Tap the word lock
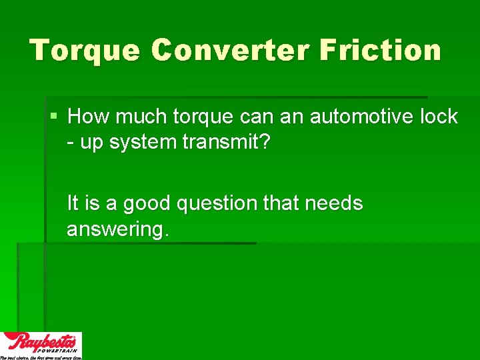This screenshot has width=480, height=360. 439,117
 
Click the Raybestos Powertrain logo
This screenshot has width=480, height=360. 41,345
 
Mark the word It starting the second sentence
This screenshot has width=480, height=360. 73,203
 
